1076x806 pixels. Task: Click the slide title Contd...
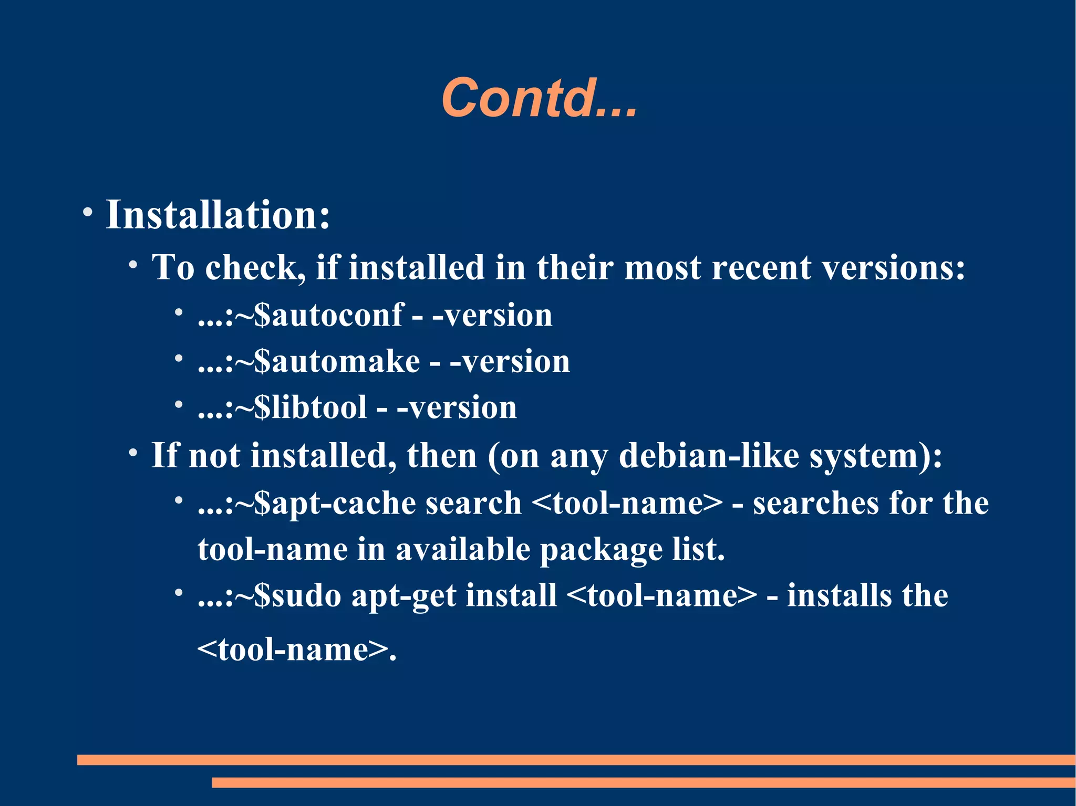[539, 98]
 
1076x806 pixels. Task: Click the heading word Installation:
[218, 215]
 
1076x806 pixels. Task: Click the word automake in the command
[346, 362]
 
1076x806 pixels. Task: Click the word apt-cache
[343, 504]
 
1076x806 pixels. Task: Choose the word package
[601, 550]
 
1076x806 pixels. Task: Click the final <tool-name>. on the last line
[296, 650]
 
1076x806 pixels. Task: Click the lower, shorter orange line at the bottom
[643, 782]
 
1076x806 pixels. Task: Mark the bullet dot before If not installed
[133, 453]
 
